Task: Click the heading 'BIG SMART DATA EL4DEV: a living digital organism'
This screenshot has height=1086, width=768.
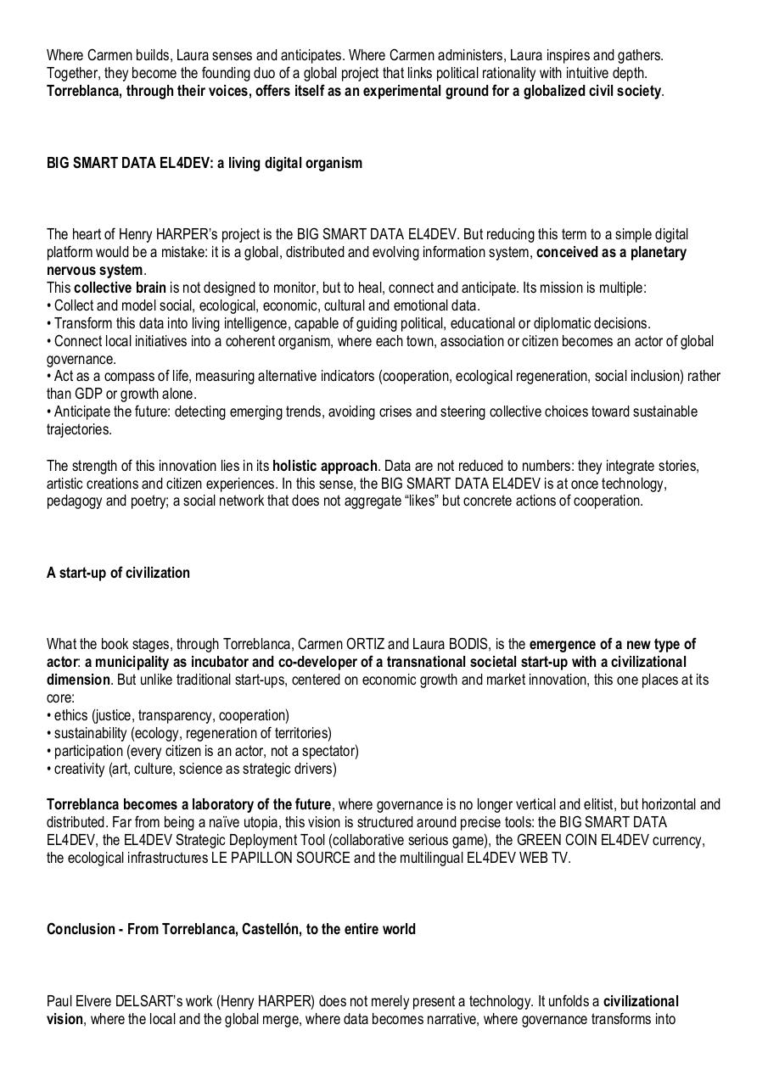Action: click(x=204, y=163)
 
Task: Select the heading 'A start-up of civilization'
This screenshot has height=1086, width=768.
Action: click(x=118, y=573)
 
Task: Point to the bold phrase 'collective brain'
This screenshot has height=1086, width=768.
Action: click(x=120, y=288)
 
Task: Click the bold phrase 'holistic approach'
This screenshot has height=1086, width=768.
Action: click(x=324, y=466)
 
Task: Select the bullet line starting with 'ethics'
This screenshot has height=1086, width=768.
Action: click(x=168, y=715)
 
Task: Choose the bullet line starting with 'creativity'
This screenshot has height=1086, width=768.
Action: click(x=192, y=769)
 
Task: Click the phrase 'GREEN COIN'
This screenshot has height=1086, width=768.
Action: click(x=535, y=840)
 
